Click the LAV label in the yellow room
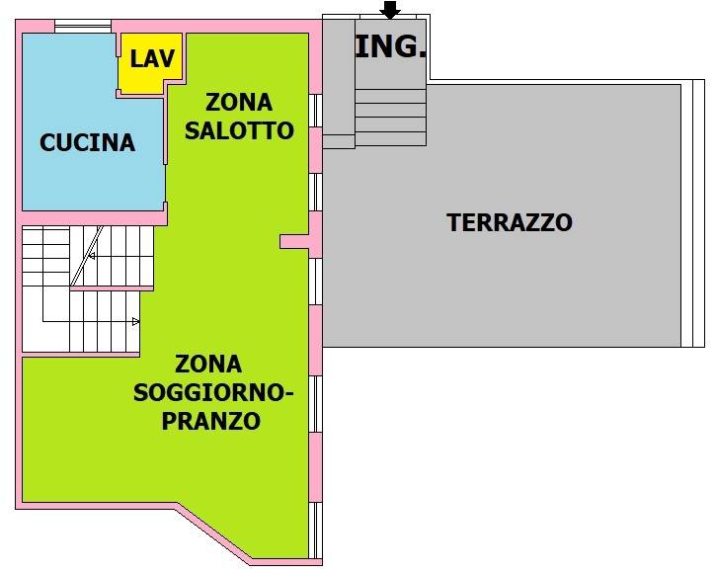[152, 59]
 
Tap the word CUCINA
[87, 142]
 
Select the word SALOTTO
[239, 130]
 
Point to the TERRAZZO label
[510, 222]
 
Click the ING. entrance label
[390, 46]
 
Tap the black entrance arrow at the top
[390, 10]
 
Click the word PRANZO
[211, 421]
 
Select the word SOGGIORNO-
[213, 392]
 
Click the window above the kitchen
[83, 27]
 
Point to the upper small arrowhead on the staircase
[91, 256]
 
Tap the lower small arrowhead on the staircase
[135, 322]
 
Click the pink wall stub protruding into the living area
[295, 242]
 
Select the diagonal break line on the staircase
[87, 256]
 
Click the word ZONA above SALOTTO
[239, 103]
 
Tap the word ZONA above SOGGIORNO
[208, 365]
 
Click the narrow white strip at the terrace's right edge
[698, 213]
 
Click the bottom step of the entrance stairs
[391, 139]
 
